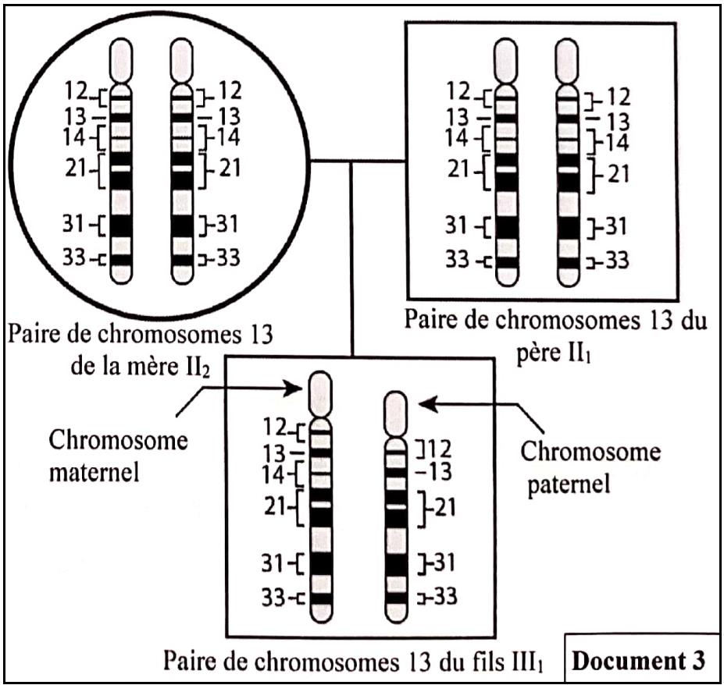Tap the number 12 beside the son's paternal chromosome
[x=437, y=449]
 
